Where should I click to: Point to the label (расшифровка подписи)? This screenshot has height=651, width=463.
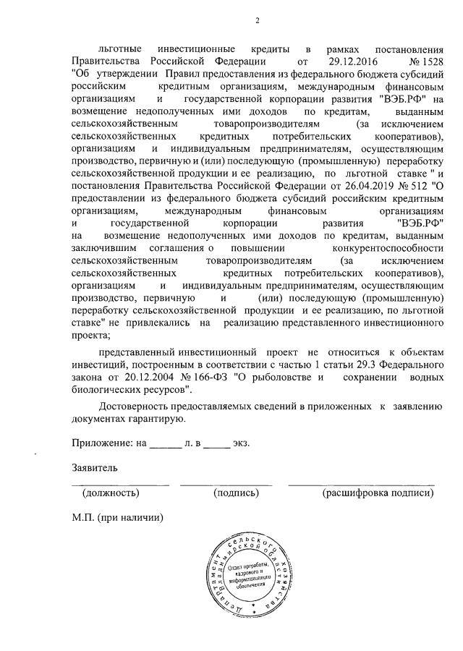point(378,493)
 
